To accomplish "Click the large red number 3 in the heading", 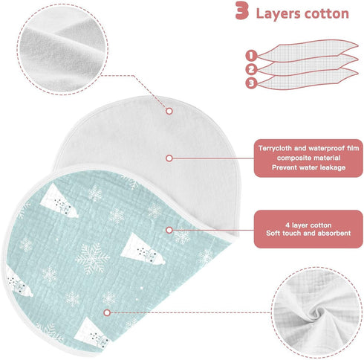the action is click(242, 10).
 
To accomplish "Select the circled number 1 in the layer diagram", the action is click(251, 56).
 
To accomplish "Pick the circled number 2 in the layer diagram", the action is click(251, 69).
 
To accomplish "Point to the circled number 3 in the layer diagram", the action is click(251, 83).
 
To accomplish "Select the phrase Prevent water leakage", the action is click(308, 167).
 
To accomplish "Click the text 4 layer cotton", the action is click(308, 225).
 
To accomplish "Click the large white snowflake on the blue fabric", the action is click(92, 258).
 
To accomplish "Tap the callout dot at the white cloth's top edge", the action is click(169, 111).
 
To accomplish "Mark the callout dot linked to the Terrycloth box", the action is click(169, 158).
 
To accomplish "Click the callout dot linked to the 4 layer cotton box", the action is click(169, 230).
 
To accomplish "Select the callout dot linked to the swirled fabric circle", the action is click(107, 312).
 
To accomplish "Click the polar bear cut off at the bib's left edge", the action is click(18, 283).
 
